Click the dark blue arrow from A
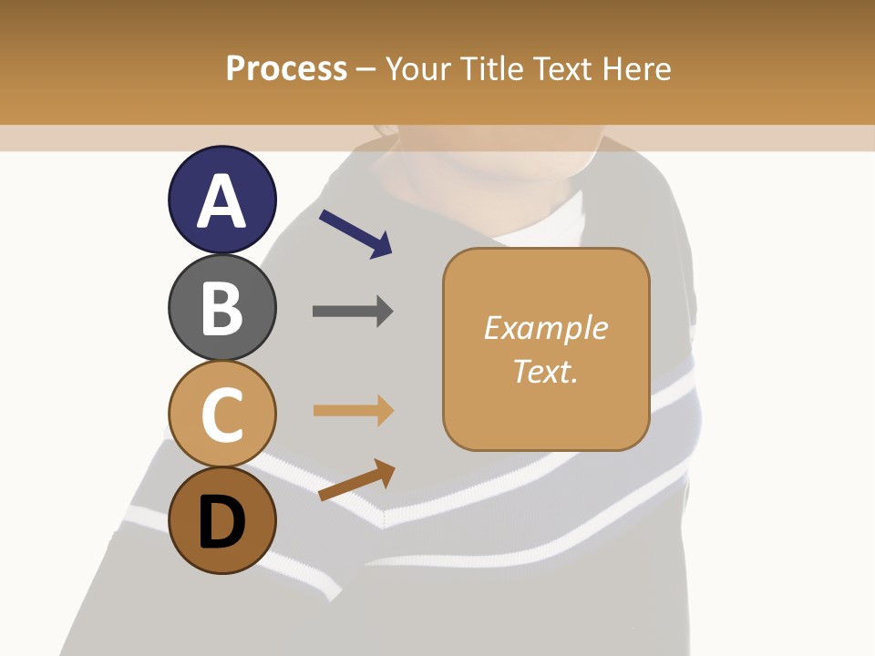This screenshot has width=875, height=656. pyautogui.click(x=355, y=233)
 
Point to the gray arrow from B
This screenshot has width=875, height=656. pyautogui.click(x=352, y=312)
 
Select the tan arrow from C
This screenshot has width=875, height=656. pyautogui.click(x=353, y=411)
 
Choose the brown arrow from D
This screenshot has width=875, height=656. pyautogui.click(x=355, y=480)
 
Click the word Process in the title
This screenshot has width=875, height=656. pyautogui.click(x=286, y=68)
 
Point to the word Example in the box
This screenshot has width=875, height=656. pyautogui.click(x=545, y=328)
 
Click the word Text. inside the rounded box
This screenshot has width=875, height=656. pyautogui.click(x=545, y=371)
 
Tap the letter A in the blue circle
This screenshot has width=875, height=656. pyautogui.click(x=221, y=201)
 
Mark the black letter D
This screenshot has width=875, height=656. pyautogui.click(x=221, y=523)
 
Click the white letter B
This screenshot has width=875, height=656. pyautogui.click(x=221, y=308)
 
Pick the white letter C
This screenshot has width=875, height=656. pyautogui.click(x=221, y=415)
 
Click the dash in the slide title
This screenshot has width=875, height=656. pyautogui.click(x=366, y=69)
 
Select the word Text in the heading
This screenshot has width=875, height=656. pyautogui.click(x=561, y=68)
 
